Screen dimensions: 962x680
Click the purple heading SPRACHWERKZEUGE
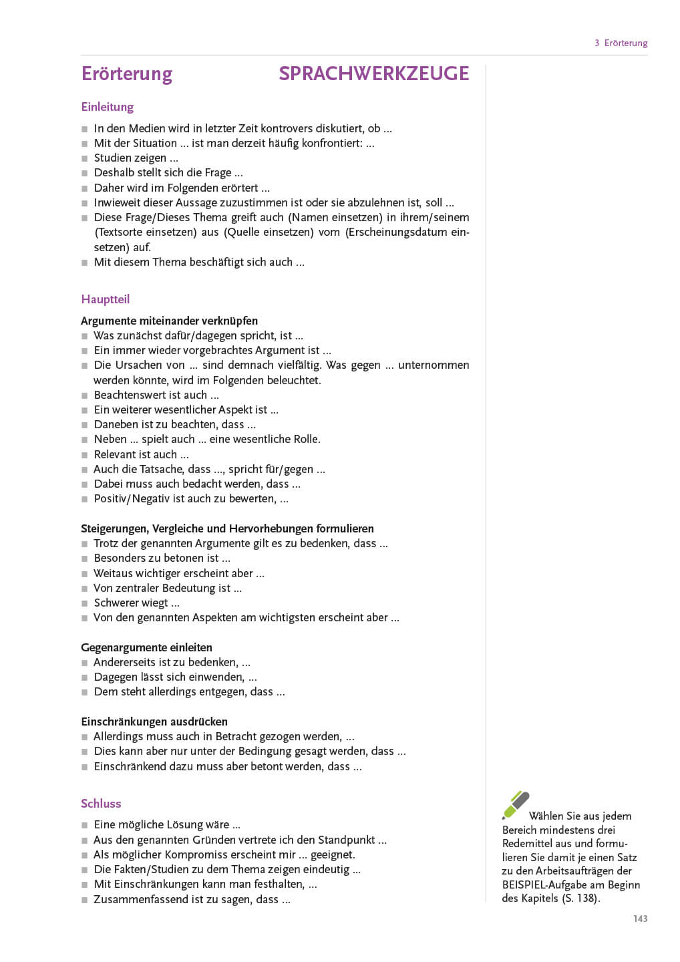(373, 73)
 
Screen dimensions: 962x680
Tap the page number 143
(640, 919)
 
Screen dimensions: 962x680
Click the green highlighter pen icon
(516, 804)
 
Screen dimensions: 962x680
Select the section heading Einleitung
(107, 107)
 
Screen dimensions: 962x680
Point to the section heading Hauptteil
(105, 299)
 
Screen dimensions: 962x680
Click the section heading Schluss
(101, 804)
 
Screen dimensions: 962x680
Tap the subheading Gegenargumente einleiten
(146, 647)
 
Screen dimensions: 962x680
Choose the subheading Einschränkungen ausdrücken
(154, 721)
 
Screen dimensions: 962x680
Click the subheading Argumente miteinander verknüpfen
(169, 321)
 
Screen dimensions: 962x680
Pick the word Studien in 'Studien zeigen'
(112, 158)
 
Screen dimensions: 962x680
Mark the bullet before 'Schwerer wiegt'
(85, 603)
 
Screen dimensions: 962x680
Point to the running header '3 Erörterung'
(621, 43)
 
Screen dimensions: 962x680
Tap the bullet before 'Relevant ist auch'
(85, 455)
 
